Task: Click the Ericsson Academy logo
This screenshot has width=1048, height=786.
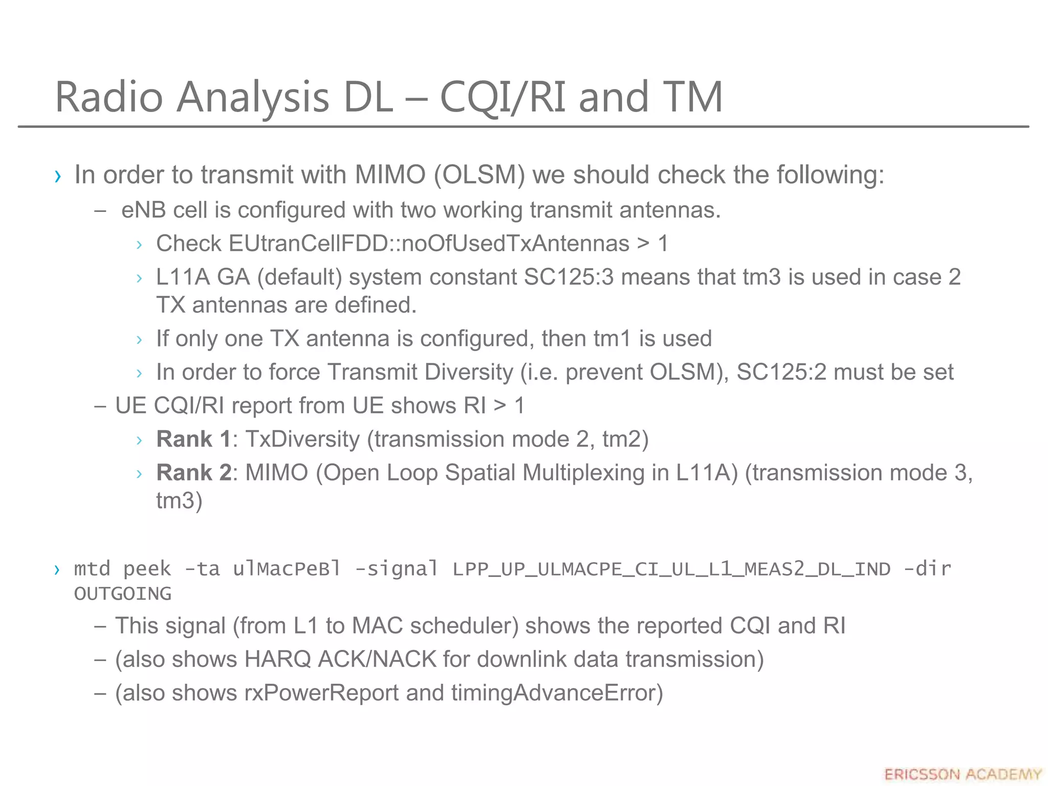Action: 963,774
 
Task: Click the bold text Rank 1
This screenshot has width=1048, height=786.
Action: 193,439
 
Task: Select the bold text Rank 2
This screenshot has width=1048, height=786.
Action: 193,472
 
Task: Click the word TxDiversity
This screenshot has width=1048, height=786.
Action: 302,439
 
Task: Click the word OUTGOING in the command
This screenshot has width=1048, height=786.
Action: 123,594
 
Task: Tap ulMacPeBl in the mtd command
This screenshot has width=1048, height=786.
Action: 287,569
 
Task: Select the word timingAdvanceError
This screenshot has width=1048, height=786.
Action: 557,693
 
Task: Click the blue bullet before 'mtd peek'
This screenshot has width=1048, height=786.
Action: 57,569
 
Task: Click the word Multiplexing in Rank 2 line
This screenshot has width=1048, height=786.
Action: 583,472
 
